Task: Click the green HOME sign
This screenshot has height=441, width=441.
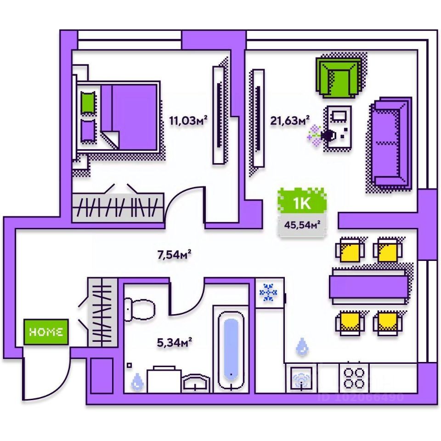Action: point(46,332)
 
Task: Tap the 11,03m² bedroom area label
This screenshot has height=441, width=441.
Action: point(188,121)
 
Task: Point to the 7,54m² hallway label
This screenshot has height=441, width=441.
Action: point(174,254)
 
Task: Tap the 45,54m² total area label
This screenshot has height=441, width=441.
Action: point(302,226)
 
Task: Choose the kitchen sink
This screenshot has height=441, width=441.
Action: point(301,378)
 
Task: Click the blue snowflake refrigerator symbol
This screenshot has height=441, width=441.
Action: point(268,293)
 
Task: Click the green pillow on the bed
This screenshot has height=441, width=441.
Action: point(87,103)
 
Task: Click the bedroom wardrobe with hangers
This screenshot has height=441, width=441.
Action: point(118,206)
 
